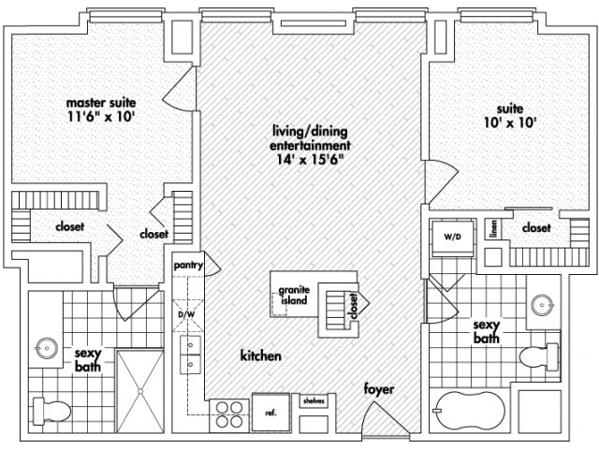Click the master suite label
(101, 102)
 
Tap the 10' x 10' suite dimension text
(510, 123)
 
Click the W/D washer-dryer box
(453, 238)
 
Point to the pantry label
(188, 265)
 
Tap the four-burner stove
(229, 414)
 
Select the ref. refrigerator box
(270, 413)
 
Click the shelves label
(314, 401)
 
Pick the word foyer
(378, 389)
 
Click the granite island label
(294, 296)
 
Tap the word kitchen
(261, 355)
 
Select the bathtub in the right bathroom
(470, 412)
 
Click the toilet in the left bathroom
(52, 412)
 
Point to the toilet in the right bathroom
(539, 356)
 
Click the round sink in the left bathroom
(47, 348)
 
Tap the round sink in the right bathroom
(543, 305)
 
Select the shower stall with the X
(139, 391)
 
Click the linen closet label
(494, 229)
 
